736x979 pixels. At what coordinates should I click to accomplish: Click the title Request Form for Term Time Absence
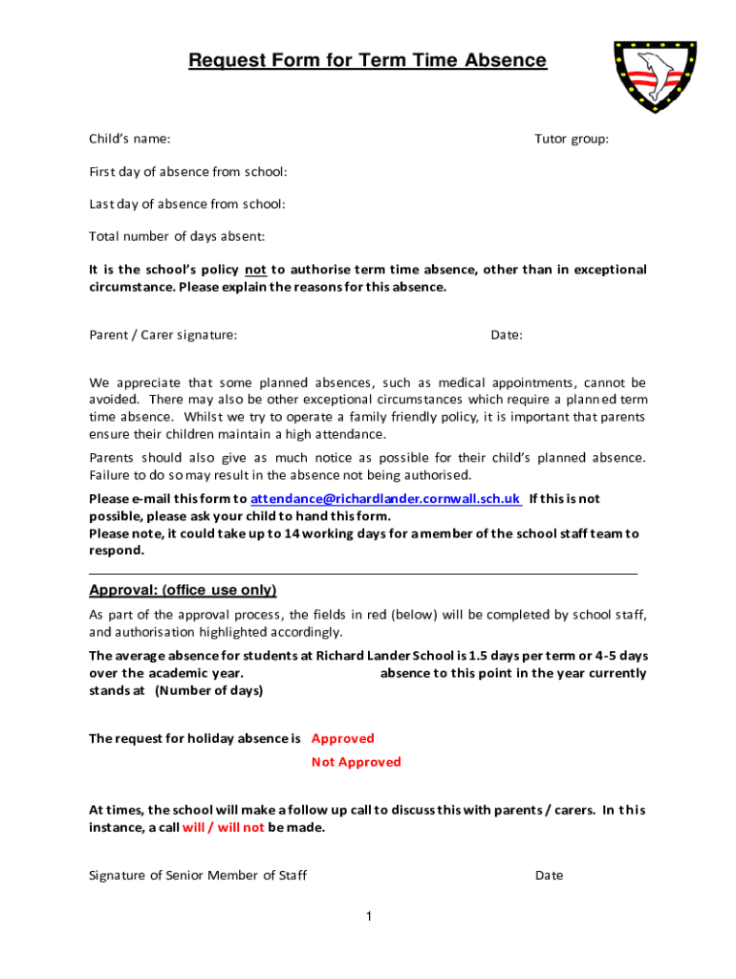point(367,61)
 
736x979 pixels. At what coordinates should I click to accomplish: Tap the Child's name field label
point(130,140)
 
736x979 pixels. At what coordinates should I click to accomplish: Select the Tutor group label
point(572,140)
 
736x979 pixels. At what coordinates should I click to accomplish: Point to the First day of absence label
point(188,172)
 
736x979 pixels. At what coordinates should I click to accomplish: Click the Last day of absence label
point(187,204)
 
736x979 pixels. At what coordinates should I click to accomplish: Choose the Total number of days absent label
point(177,236)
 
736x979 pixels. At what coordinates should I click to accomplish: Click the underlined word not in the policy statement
point(255,270)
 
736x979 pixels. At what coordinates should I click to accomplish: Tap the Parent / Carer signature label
point(163,335)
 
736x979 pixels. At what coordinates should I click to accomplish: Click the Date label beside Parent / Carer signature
point(507,335)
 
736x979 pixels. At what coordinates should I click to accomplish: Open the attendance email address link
point(385,499)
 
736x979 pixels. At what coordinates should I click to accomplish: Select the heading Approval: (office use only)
point(183,590)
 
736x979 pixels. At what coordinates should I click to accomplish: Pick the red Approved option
point(343,738)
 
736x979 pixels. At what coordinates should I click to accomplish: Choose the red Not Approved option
point(357,762)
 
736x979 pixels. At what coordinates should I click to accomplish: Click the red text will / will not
point(223,828)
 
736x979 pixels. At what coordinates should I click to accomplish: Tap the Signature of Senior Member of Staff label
point(198,876)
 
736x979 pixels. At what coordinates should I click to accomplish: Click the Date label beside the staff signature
point(550,876)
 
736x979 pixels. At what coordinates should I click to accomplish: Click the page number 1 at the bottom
point(368,918)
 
